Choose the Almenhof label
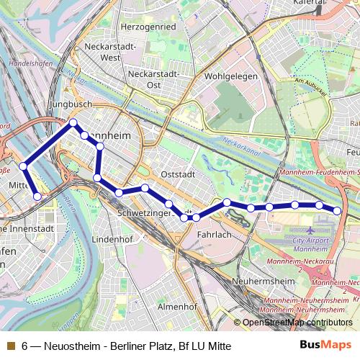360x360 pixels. [x=177, y=306]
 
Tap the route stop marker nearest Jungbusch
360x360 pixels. [x=73, y=122]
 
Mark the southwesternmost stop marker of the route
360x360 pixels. [x=37, y=194]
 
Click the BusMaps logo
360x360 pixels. [x=330, y=346]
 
